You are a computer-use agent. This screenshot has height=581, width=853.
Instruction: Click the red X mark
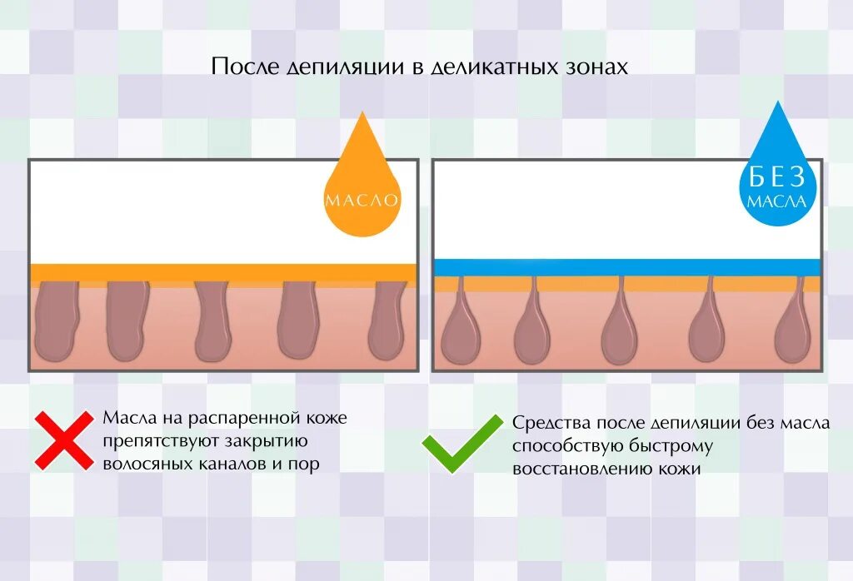(x=64, y=439)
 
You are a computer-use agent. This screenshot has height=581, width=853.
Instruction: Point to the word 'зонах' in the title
(x=592, y=67)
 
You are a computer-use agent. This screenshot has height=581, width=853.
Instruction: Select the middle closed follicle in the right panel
(x=619, y=333)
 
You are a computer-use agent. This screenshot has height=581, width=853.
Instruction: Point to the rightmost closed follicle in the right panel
(x=792, y=333)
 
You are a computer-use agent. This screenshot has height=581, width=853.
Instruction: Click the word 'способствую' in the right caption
(x=563, y=446)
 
